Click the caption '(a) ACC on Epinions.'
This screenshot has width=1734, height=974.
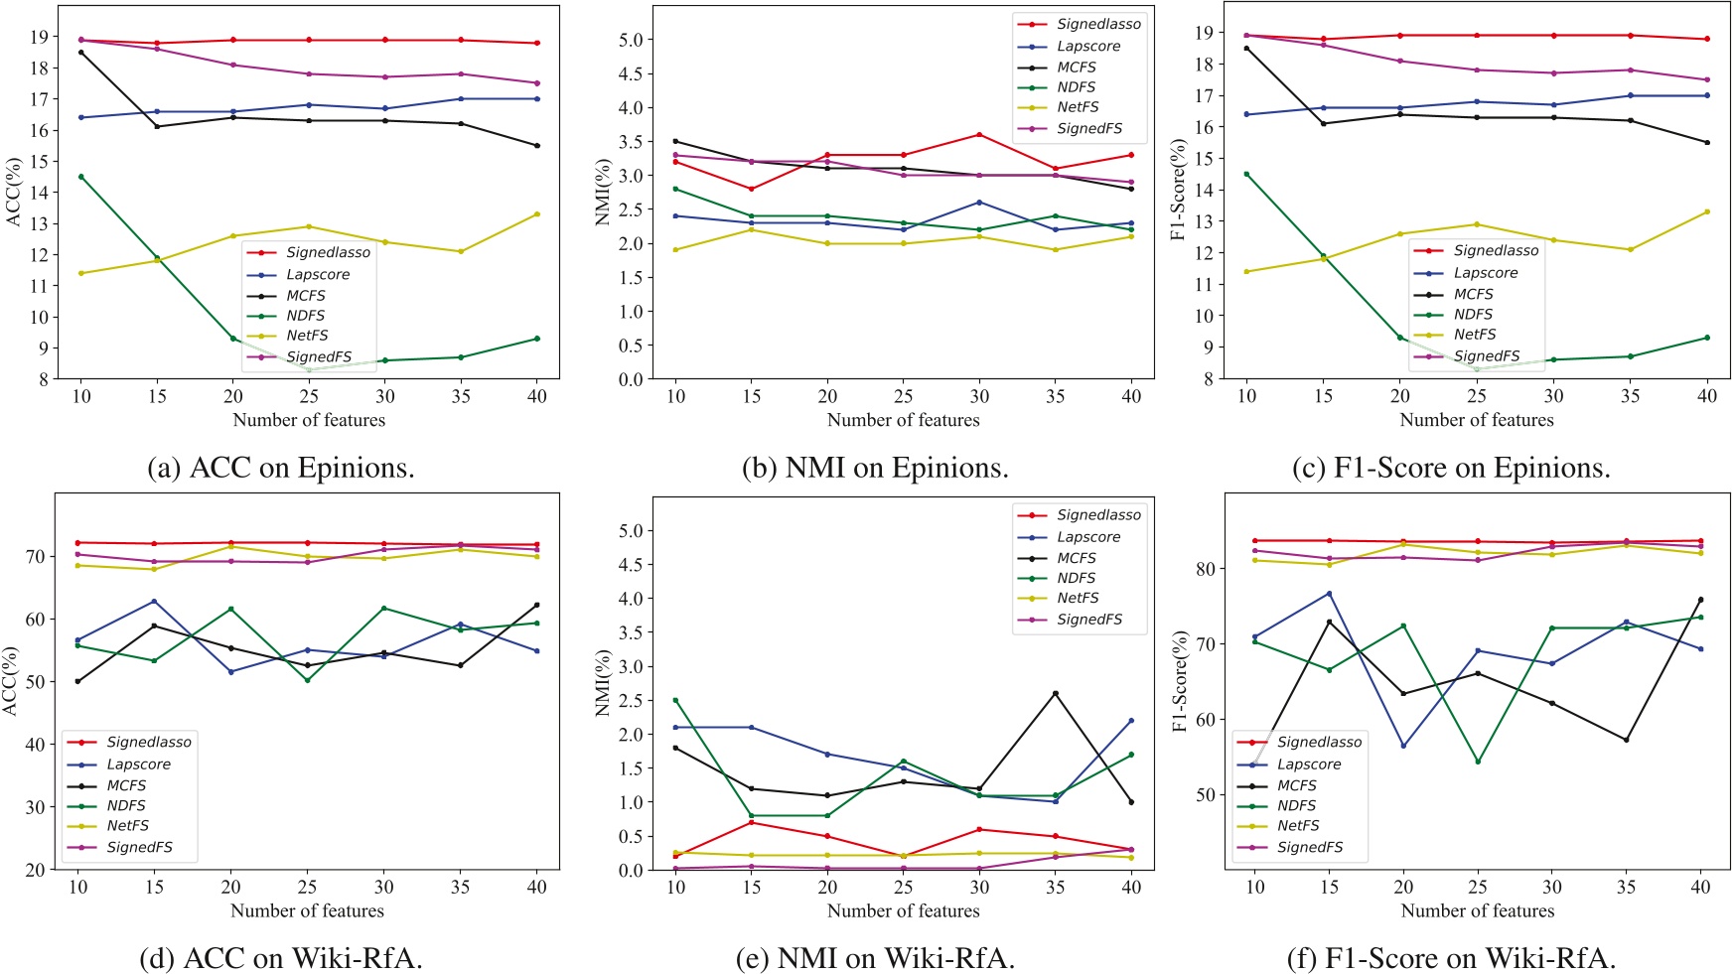tap(280, 468)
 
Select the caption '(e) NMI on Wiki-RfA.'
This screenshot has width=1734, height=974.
tap(875, 958)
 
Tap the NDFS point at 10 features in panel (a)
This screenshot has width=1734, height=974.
tap(81, 177)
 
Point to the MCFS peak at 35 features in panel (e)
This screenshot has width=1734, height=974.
tap(1055, 693)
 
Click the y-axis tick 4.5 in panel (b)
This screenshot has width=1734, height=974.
tap(630, 73)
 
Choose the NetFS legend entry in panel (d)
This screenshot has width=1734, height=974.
tap(127, 825)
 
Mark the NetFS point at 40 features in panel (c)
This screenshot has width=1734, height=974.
tap(1706, 211)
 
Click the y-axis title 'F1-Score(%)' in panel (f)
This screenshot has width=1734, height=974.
tap(1180, 681)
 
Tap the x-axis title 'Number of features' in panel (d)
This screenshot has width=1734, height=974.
tap(307, 910)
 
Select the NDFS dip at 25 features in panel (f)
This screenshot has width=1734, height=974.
tap(1478, 762)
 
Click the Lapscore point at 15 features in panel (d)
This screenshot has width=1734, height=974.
tap(154, 601)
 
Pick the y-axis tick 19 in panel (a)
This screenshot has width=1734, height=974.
tap(40, 37)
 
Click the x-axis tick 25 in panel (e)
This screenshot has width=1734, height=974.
tap(903, 887)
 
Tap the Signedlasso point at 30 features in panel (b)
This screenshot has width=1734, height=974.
tap(979, 134)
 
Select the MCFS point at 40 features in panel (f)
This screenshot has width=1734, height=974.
tap(1700, 600)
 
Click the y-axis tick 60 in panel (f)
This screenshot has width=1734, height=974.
tap(1207, 719)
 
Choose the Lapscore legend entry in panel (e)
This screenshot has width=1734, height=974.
tap(1087, 536)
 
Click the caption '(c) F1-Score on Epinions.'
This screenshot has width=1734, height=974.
tap(1451, 468)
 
